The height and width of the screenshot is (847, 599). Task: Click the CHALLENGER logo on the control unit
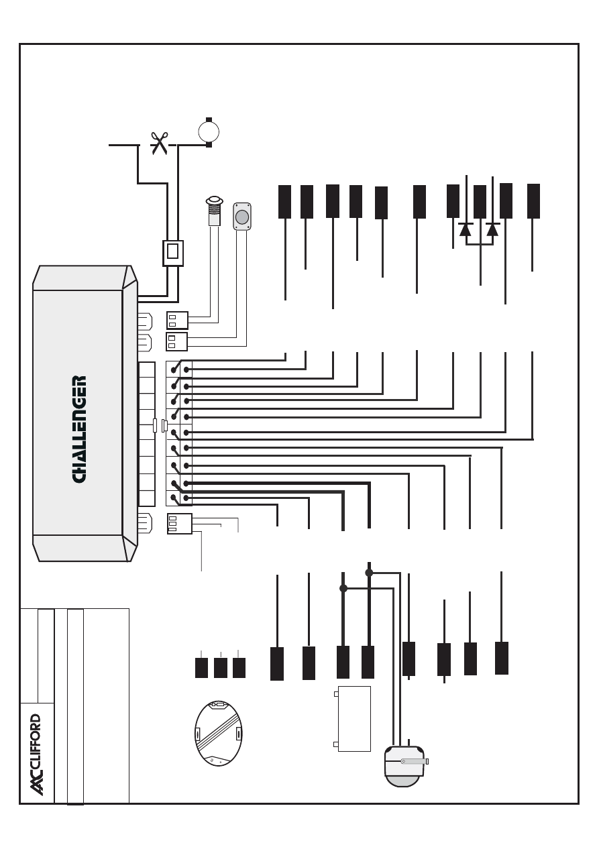click(79, 429)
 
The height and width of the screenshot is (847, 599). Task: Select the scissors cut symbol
click(159, 143)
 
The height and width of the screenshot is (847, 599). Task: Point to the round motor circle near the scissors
click(209, 131)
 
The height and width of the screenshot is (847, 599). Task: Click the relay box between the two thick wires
click(173, 253)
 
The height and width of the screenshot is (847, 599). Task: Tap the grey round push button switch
click(242, 217)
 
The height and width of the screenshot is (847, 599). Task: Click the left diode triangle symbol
click(466, 229)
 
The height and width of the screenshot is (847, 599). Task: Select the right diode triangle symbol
click(492, 229)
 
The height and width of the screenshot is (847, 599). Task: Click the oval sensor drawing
click(218, 733)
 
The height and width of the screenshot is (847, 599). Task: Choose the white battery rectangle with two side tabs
click(354, 718)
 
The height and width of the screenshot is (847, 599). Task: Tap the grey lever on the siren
click(413, 761)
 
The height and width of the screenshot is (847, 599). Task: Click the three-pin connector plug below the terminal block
click(179, 524)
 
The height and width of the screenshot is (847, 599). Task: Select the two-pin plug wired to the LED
click(177, 320)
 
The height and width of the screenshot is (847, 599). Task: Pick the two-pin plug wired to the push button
click(176, 342)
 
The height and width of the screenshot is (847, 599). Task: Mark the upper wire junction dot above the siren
click(369, 573)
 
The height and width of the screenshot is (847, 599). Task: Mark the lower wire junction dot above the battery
click(343, 588)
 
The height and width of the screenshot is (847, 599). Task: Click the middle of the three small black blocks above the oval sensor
click(220, 668)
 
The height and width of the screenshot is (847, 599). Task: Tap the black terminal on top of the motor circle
click(209, 119)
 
